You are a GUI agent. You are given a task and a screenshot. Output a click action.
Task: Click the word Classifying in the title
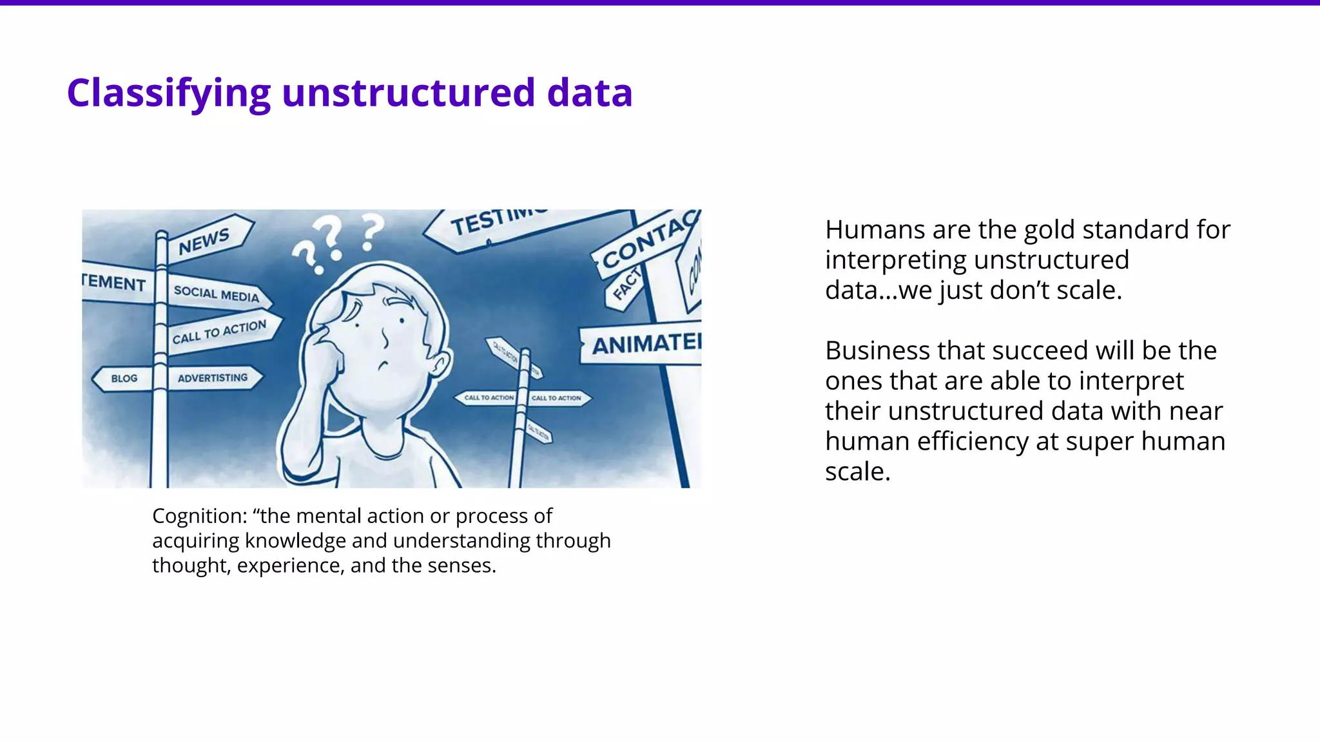click(169, 93)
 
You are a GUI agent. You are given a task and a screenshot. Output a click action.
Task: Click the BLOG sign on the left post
click(124, 379)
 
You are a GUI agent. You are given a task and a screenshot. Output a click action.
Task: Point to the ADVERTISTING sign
click(213, 378)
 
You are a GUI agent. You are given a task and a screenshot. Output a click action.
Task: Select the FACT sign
click(626, 285)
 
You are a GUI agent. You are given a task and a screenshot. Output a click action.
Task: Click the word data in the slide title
click(590, 93)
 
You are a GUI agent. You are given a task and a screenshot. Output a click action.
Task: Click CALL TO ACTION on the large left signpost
click(219, 332)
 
